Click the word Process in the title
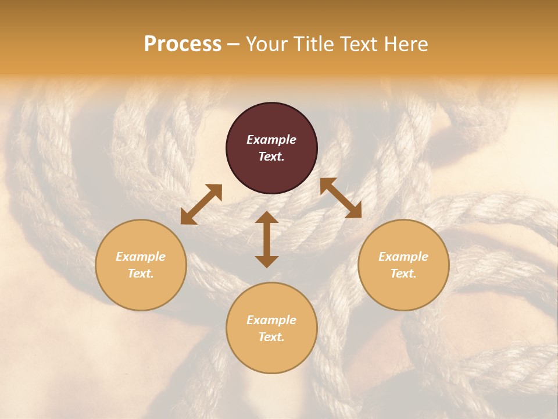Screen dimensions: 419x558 click(x=183, y=44)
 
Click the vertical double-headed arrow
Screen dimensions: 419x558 click(x=267, y=239)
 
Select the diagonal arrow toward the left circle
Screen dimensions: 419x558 click(x=201, y=204)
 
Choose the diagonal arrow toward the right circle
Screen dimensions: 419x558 click(x=341, y=198)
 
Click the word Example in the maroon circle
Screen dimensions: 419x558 click(x=271, y=140)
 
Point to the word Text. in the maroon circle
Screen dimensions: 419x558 click(x=271, y=157)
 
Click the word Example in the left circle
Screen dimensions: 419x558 click(x=141, y=257)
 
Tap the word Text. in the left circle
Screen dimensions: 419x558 click(x=141, y=274)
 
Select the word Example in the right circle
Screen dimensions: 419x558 click(x=403, y=257)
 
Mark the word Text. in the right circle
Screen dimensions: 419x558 click(x=403, y=274)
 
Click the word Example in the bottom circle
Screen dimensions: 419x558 click(x=271, y=320)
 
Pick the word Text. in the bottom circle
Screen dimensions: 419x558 click(x=271, y=337)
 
